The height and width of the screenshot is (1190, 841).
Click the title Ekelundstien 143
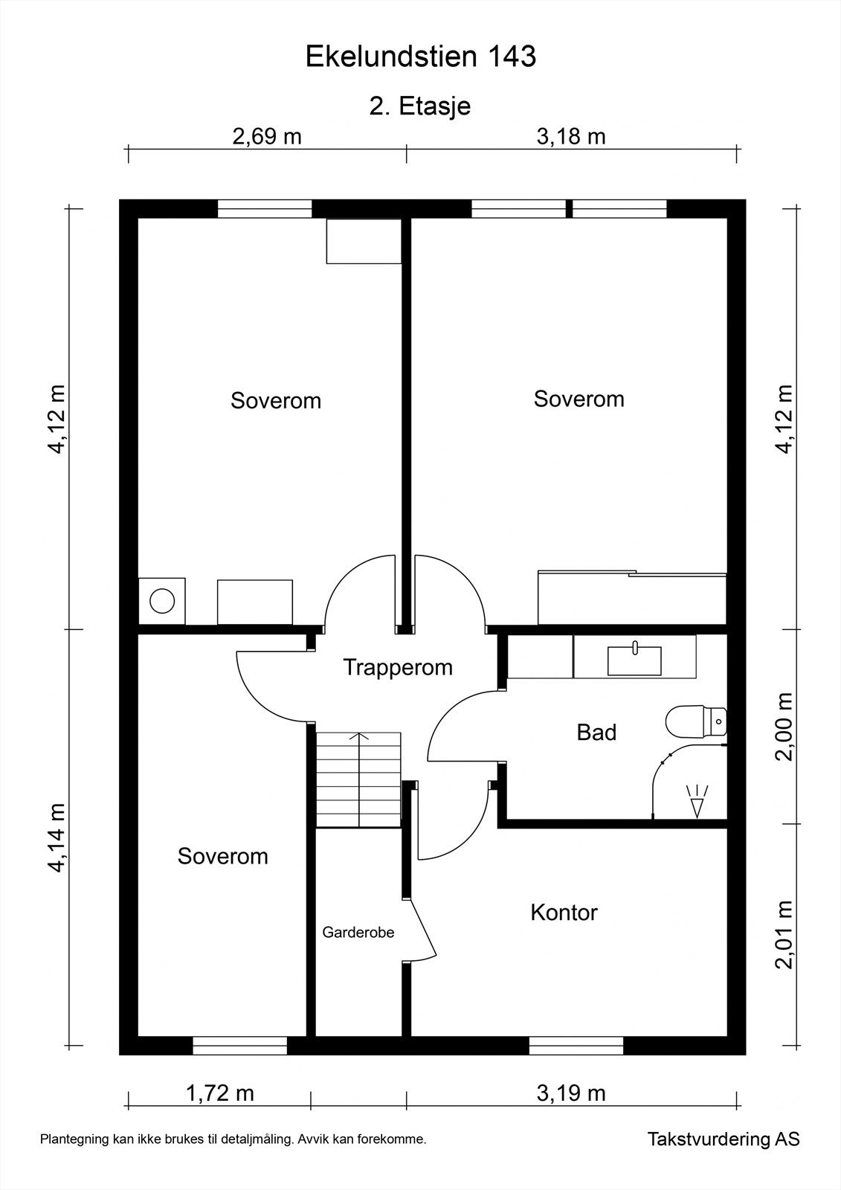pos(420,57)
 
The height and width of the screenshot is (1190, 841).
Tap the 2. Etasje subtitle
pos(420,106)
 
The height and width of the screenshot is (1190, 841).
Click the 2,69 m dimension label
pos(267,137)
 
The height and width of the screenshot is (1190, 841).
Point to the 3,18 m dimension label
pos(571,137)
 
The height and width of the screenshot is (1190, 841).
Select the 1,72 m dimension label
pos(219,1093)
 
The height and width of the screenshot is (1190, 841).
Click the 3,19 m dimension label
pos(571,1093)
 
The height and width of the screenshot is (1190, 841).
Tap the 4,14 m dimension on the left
pos(57,837)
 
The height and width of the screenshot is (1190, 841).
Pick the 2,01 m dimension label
pos(784,935)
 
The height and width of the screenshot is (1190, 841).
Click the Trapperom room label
pos(398,667)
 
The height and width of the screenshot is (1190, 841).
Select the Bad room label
pos(596,733)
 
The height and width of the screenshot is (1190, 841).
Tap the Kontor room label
pos(564,913)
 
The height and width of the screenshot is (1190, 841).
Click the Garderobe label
pos(358,932)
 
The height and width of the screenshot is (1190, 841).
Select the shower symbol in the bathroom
pos(697,802)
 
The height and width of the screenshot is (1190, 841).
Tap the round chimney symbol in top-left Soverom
pos(162,600)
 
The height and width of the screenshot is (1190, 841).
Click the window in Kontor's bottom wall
pos(576,1046)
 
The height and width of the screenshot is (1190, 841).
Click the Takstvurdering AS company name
pos(723,1139)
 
